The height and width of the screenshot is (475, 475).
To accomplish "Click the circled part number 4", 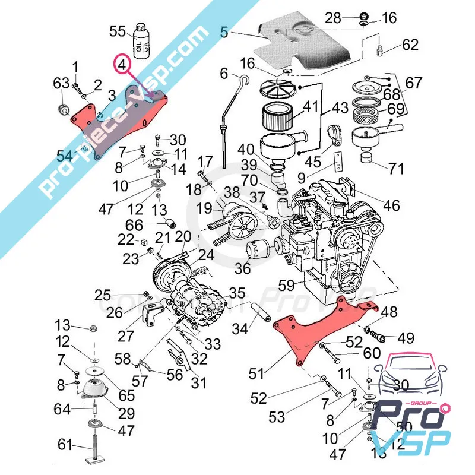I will tap(122, 64).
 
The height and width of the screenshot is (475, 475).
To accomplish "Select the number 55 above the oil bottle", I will tap(118, 30).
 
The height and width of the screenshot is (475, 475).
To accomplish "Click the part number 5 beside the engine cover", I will tap(224, 34).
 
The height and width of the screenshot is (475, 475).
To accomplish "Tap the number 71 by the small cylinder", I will tap(396, 168).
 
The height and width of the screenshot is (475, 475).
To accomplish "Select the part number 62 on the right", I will tap(410, 45).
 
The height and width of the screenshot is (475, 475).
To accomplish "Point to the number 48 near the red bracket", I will tap(389, 312).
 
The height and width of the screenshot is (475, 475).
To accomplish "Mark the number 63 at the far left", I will tap(61, 84).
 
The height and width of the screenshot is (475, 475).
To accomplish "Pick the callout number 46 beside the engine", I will tap(391, 205).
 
